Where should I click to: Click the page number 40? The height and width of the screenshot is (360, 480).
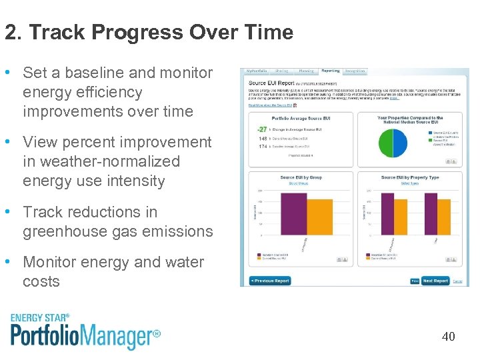[x=448, y=337]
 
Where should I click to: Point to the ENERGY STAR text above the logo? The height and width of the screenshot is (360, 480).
[x=39, y=318]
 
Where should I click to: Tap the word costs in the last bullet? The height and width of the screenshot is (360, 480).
[x=41, y=281]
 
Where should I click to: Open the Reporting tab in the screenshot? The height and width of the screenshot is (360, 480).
[x=330, y=71]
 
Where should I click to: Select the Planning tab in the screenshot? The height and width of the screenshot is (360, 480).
[x=307, y=71]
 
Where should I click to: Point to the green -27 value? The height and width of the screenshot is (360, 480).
[x=262, y=129]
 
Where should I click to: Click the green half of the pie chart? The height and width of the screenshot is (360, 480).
[x=386, y=143]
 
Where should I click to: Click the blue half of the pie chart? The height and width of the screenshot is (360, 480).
[x=400, y=143]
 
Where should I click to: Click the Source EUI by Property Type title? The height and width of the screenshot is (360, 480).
[x=410, y=177]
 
